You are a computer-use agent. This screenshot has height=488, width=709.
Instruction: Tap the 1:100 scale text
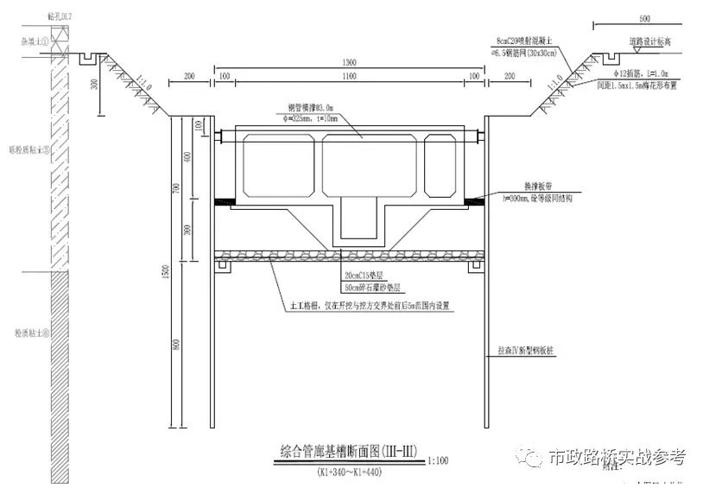click(x=439, y=461)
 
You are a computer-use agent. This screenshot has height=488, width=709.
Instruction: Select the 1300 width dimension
click(x=350, y=63)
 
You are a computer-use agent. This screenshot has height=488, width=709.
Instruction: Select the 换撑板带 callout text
click(x=539, y=186)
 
